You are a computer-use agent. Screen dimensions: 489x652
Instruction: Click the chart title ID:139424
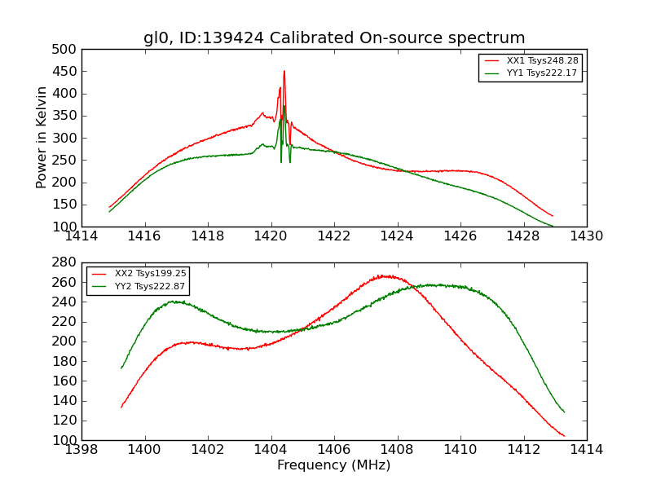(334, 38)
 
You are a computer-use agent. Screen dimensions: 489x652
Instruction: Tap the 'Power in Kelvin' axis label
(42, 138)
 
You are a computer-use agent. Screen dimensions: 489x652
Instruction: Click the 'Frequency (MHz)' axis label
(334, 465)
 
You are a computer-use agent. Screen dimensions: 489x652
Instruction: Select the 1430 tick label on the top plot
(586, 236)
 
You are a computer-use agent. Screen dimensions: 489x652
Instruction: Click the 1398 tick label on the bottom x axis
(81, 449)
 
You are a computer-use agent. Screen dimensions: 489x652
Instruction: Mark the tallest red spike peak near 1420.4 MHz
(284, 71)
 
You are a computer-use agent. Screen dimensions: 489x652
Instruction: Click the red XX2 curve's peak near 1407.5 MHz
(381, 275)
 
